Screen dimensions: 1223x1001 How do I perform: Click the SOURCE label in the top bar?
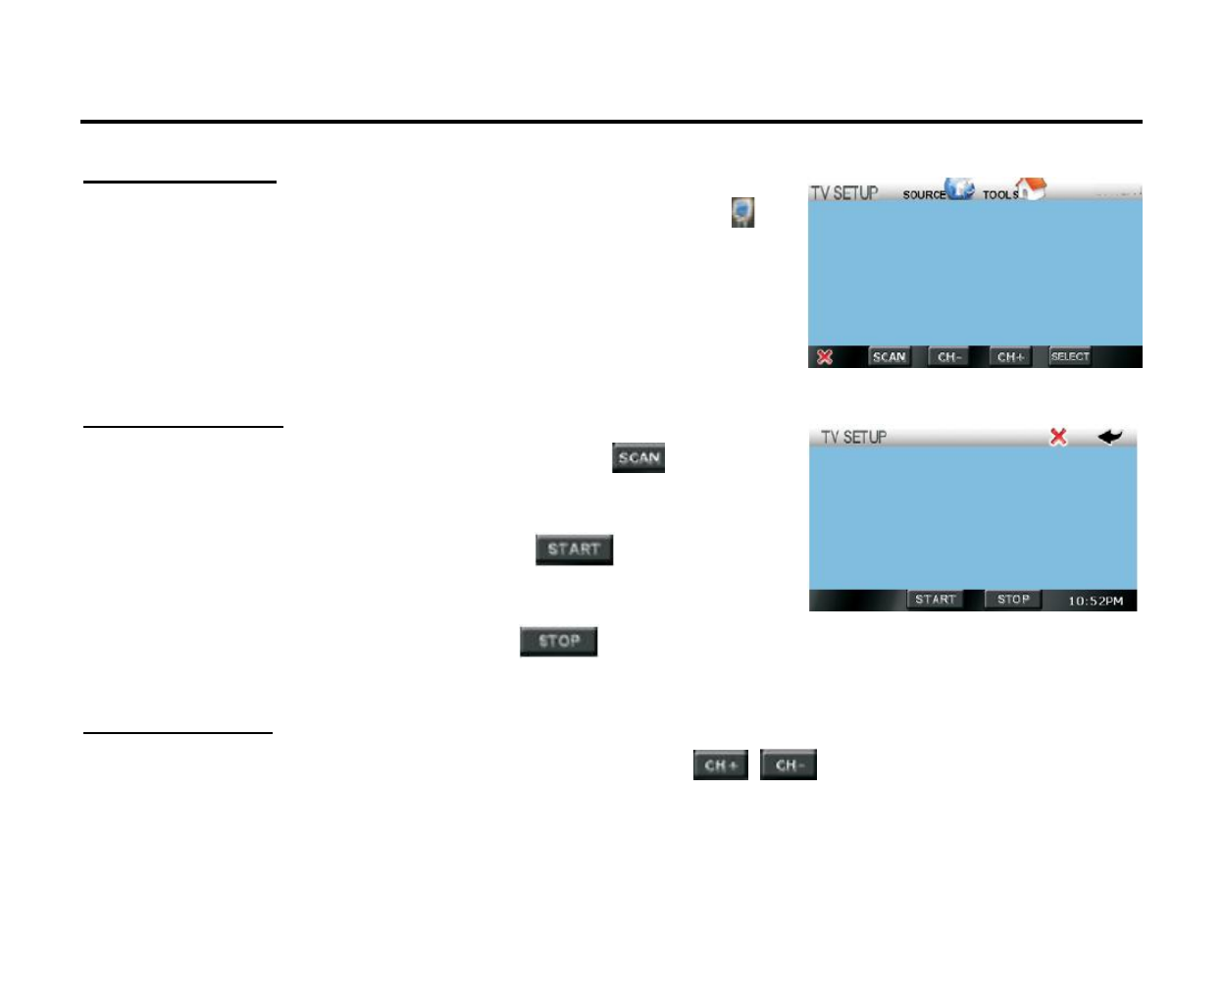coord(923,195)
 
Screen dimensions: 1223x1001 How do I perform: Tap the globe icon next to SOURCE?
coord(960,188)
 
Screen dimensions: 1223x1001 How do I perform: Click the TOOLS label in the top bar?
coord(999,195)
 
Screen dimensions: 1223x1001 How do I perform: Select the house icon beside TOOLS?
coord(1031,187)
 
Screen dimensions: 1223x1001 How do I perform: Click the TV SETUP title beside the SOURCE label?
coord(843,193)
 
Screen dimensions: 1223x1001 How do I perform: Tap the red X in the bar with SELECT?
coord(825,357)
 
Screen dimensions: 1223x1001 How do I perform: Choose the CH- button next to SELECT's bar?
coord(949,357)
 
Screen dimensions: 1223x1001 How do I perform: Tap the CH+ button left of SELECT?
coord(1010,357)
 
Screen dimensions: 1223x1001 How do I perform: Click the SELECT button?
coord(1070,357)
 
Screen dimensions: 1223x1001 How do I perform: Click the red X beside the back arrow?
coord(1058,437)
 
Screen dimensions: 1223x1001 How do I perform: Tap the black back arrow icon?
coord(1109,437)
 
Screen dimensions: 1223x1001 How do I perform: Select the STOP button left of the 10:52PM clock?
coord(1013,600)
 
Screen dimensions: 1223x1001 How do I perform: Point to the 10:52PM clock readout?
coord(1096,601)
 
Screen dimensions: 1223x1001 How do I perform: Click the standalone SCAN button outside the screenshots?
coord(638,458)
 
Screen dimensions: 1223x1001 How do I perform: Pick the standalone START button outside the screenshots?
coord(574,550)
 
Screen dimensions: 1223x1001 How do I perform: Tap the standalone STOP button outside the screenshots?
coord(559,642)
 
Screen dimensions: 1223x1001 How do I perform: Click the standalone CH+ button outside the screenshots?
coord(721,765)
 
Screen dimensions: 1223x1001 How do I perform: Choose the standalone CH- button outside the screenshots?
coord(789,765)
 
